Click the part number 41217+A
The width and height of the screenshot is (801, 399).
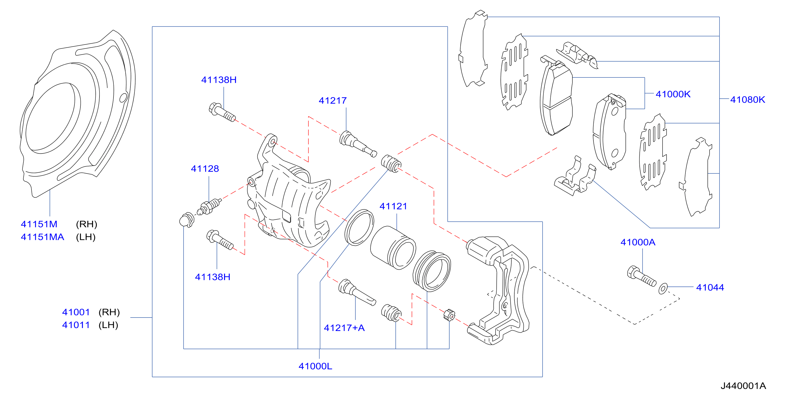(x=344, y=328)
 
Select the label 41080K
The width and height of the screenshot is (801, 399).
(x=747, y=99)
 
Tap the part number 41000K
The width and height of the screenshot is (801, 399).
(x=673, y=94)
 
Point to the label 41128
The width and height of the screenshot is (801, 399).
(x=205, y=169)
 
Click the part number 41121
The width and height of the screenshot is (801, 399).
(x=393, y=206)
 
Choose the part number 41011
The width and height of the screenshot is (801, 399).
(x=76, y=325)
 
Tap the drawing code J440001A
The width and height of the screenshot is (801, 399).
(x=743, y=386)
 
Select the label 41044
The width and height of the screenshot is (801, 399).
(x=710, y=287)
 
